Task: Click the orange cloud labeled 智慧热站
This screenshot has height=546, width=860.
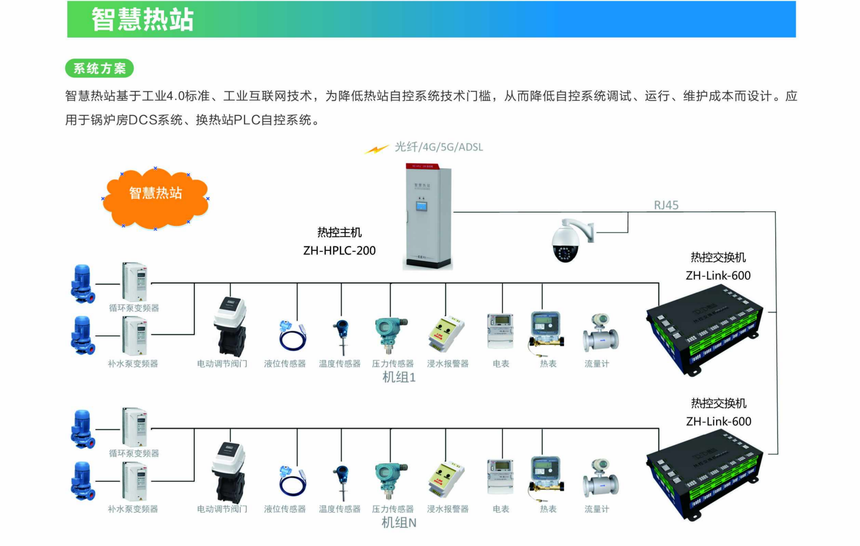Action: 155,198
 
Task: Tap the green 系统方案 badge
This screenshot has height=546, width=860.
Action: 99,69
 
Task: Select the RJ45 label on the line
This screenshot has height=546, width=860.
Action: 666,205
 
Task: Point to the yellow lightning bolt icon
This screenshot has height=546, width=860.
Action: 376,149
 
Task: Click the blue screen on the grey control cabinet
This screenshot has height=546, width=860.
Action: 421,206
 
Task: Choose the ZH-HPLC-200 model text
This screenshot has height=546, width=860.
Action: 339,250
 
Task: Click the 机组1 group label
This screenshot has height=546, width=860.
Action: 399,377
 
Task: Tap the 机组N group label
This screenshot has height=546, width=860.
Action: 399,522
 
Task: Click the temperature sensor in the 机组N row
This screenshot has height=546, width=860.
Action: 342,482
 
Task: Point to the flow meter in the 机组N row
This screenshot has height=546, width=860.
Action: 601,478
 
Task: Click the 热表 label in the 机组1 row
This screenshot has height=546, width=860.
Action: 548,364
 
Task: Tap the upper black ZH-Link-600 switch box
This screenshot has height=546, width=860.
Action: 704,331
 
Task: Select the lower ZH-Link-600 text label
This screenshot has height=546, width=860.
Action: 718,421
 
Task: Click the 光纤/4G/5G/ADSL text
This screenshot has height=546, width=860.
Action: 439,147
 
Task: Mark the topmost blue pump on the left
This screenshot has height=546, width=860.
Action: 83,284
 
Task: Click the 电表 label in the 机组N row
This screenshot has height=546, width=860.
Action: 501,509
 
